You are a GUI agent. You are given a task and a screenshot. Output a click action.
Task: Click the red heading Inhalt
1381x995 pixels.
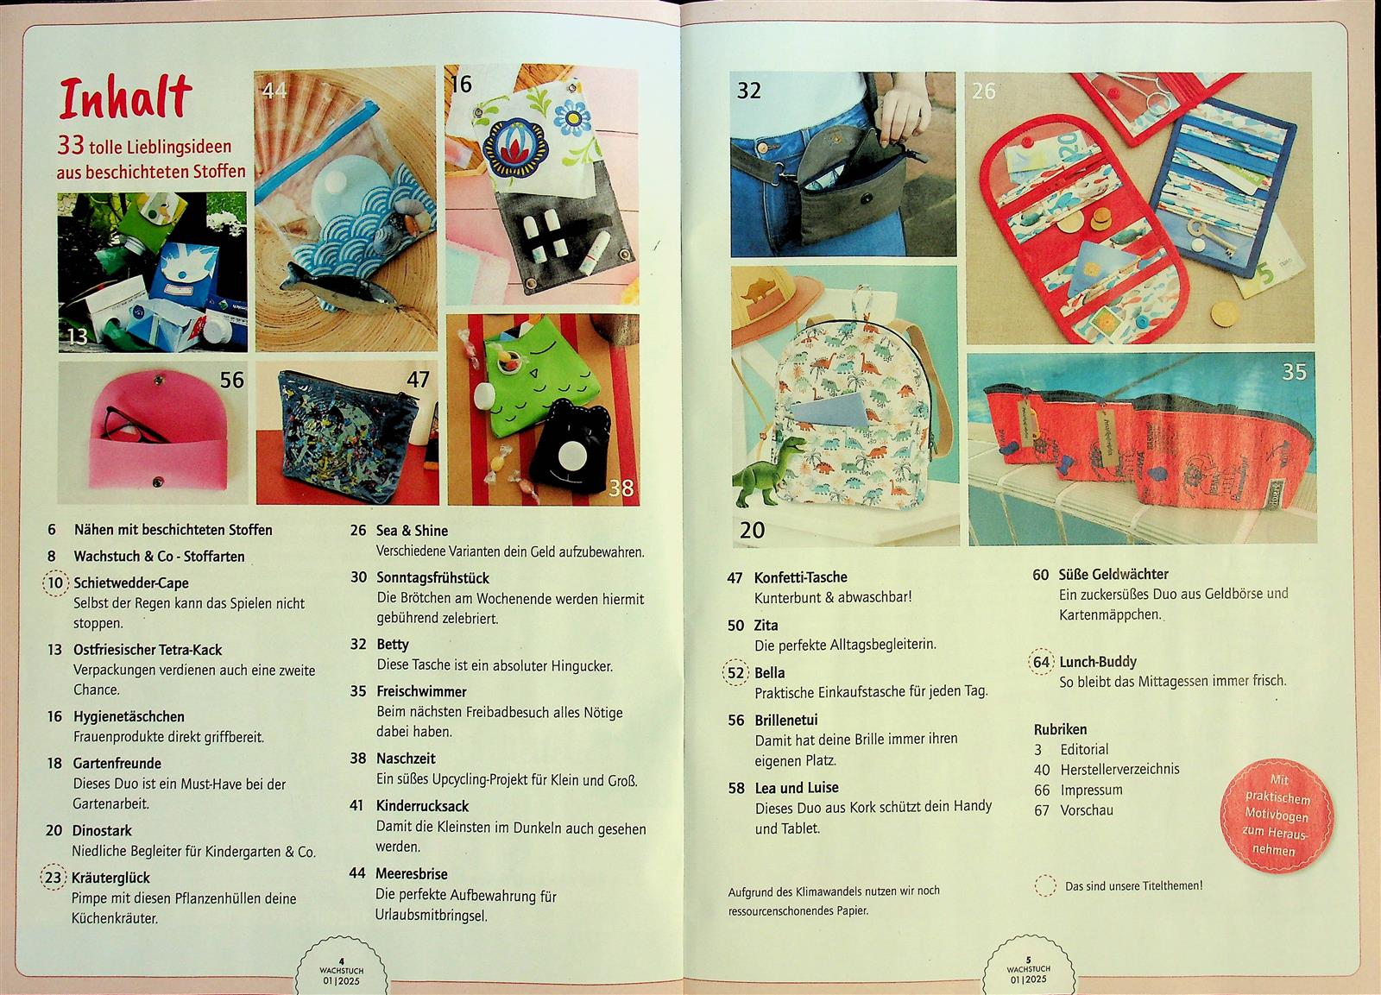(125, 98)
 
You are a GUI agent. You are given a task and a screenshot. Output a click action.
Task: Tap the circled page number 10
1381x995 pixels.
(55, 583)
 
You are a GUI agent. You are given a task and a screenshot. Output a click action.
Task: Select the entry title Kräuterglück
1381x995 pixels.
(110, 878)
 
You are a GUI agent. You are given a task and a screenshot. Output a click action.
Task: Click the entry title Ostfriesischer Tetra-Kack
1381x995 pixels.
(148, 649)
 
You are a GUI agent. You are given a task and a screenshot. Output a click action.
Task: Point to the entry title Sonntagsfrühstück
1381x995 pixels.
(432, 577)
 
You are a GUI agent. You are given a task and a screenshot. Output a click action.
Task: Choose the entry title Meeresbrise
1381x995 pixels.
(411, 873)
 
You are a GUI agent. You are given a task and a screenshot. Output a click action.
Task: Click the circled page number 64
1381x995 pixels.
(1041, 662)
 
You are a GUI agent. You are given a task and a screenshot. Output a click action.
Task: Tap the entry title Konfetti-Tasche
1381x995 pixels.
(800, 577)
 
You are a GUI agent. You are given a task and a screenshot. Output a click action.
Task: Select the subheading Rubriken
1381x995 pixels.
(1060, 729)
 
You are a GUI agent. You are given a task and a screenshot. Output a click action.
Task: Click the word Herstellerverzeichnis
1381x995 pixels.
(1119, 770)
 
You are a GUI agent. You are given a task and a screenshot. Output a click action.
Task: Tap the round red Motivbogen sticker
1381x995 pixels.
(1277, 816)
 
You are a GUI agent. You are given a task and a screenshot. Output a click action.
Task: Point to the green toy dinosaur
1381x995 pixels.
(767, 471)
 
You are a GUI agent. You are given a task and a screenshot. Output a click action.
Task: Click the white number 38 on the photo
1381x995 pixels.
(621, 488)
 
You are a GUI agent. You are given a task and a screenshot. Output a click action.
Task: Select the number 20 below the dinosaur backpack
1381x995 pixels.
(752, 530)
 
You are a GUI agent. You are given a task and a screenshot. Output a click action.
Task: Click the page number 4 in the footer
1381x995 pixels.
(342, 961)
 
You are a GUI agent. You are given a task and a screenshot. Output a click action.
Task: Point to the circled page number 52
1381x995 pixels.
(735, 672)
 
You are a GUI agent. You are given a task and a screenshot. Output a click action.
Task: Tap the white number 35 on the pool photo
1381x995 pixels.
(1294, 372)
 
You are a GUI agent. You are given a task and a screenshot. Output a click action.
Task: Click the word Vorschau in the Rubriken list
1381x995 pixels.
(1087, 810)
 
